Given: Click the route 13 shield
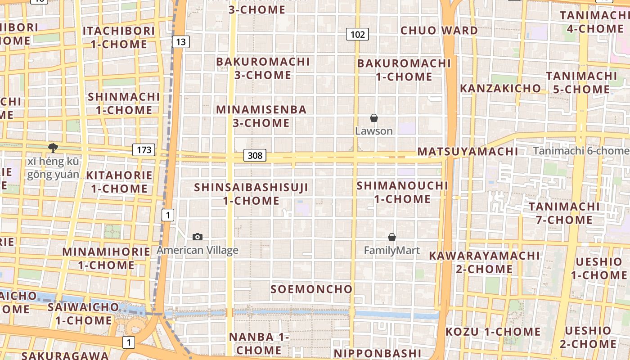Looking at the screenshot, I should click(x=180, y=42).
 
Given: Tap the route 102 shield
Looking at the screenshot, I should click(x=357, y=34).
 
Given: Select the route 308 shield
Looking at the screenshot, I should click(x=255, y=156).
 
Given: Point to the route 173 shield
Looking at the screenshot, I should click(x=144, y=150).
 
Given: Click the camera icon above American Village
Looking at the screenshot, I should click(x=197, y=237).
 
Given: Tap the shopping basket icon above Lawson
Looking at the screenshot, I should click(x=373, y=118).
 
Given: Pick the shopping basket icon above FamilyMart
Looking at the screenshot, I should click(x=392, y=237).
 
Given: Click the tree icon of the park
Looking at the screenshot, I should click(x=53, y=148).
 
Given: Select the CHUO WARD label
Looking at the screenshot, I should click(x=439, y=31).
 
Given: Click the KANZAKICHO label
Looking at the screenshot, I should click(x=500, y=88).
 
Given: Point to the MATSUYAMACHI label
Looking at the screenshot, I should click(x=468, y=151).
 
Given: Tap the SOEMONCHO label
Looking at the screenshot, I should click(x=311, y=289).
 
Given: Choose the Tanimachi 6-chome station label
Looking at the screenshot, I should click(x=580, y=151).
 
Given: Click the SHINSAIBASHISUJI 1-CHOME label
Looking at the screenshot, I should click(x=252, y=194).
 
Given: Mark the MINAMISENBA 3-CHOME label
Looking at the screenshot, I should click(x=261, y=116).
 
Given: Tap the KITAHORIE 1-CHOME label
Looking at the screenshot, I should click(x=119, y=182).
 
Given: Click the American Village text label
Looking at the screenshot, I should click(x=198, y=250).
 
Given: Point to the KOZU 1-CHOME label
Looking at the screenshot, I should click(x=493, y=332).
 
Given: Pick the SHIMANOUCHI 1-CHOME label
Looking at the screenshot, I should click(x=402, y=192).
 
